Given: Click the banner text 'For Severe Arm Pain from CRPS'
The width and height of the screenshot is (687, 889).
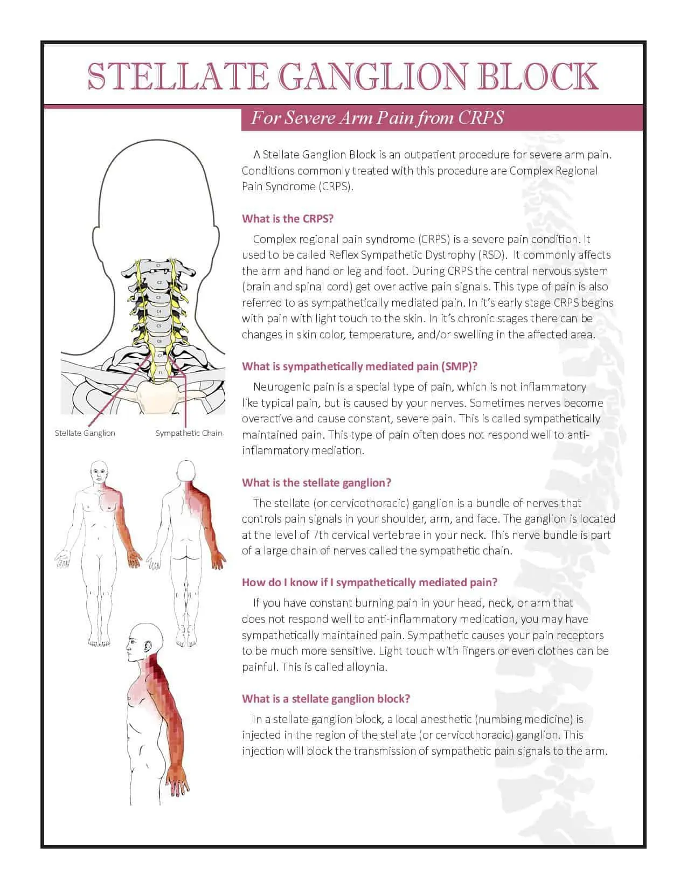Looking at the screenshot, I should tap(377, 117).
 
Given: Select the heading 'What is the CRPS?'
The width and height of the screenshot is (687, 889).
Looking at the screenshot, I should tap(288, 219).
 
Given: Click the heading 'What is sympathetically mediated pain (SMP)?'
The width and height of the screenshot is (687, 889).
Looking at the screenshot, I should tap(359, 366).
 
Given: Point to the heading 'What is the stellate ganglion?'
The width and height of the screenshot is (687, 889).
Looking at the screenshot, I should tap(316, 483).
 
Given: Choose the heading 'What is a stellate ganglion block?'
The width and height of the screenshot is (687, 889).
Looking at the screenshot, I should tap(325, 699).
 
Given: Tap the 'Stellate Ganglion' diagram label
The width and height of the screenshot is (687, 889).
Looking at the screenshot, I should tap(85, 433).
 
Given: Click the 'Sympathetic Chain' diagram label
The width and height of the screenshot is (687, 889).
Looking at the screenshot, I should tap(189, 433).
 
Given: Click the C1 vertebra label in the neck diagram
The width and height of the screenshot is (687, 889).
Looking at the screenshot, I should tap(158, 266).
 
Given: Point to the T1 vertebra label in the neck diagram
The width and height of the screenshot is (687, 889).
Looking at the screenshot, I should tap(160, 372).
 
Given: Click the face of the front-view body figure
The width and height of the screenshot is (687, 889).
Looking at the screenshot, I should tap(100, 474).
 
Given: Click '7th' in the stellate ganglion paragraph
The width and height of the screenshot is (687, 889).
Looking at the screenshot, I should tap(322, 535).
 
